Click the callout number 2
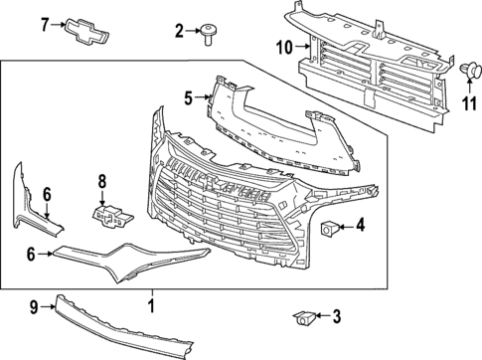(180, 32)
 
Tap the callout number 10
(284, 47)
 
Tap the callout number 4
(360, 226)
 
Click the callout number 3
(336, 317)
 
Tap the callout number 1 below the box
(151, 299)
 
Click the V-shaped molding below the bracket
(129, 256)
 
